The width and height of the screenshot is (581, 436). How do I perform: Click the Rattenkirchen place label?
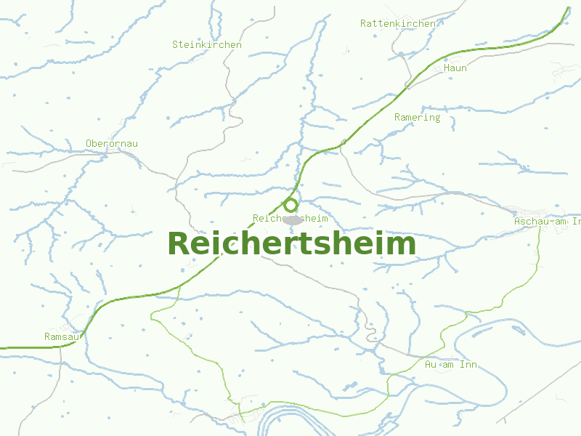[398, 23]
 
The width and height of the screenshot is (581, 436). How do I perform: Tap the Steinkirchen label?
[207, 44]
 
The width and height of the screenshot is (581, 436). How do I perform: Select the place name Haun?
[455, 68]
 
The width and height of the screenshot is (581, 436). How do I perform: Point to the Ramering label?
[417, 117]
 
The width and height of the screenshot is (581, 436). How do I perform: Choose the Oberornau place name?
[111, 143]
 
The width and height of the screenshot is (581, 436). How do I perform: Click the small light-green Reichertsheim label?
[290, 218]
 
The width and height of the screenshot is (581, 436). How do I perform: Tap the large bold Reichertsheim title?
[292, 243]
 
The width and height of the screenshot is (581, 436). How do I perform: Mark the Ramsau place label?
[61, 336]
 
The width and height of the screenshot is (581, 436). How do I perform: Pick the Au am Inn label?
[451, 364]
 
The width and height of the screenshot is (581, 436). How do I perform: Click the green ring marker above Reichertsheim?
[291, 204]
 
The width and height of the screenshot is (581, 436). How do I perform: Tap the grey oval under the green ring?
[292, 219]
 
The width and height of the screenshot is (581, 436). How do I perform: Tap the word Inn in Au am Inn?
[468, 364]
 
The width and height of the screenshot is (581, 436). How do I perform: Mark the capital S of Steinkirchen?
[175, 44]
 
